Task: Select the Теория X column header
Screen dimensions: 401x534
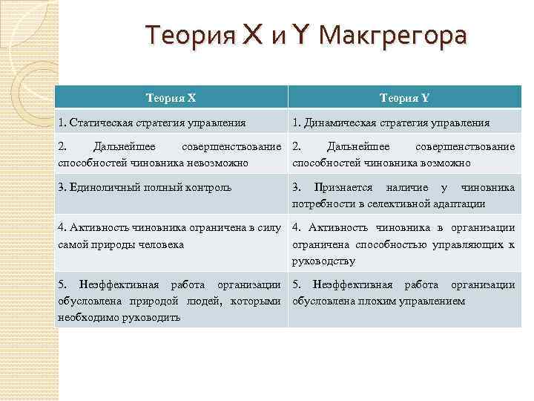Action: coord(171,97)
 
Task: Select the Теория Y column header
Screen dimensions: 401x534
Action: coord(404,97)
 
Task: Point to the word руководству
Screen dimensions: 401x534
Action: coord(324,261)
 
